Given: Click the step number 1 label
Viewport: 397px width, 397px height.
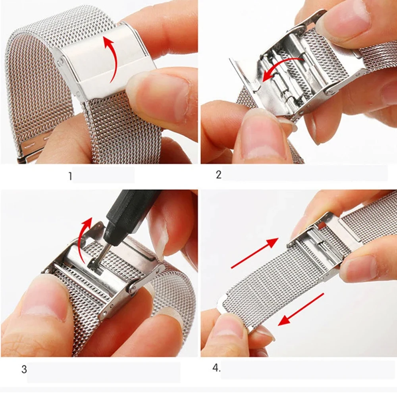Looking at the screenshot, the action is pos(70,176).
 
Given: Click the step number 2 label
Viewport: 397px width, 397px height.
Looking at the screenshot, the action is pos(219,175).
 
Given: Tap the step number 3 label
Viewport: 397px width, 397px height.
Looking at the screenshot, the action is pos(24,369).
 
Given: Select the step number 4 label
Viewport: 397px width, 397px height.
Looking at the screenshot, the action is pos(216,368).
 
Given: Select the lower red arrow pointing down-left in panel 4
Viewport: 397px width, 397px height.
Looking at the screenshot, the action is pos(301,309).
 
